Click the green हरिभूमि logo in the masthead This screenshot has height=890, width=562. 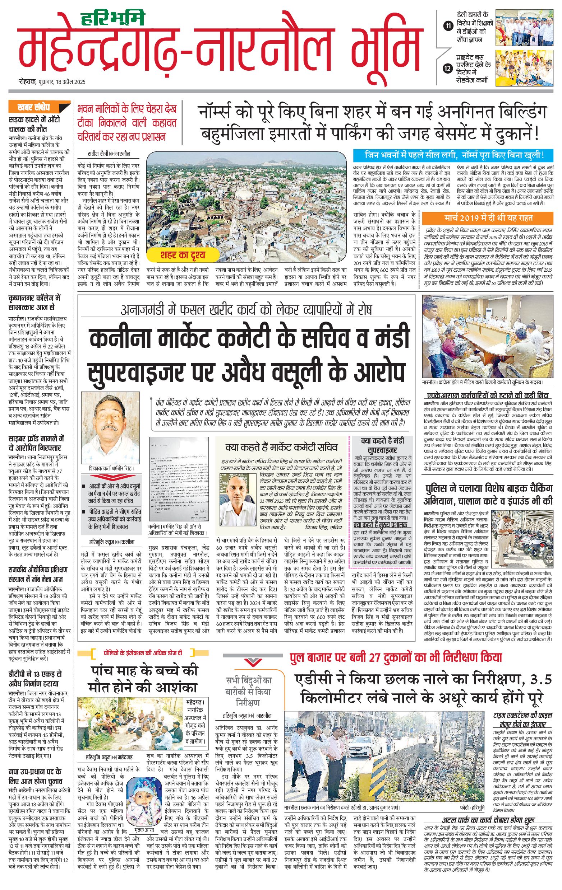click(112, 18)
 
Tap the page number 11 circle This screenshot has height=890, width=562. click(448, 25)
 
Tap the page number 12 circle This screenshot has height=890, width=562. click(448, 69)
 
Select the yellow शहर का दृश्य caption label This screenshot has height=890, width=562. click(183, 255)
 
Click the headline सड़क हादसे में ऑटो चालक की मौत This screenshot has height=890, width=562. click(34, 125)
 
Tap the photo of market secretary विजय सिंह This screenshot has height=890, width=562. click(238, 495)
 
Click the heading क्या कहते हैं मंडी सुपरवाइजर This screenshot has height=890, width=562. click(383, 445)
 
